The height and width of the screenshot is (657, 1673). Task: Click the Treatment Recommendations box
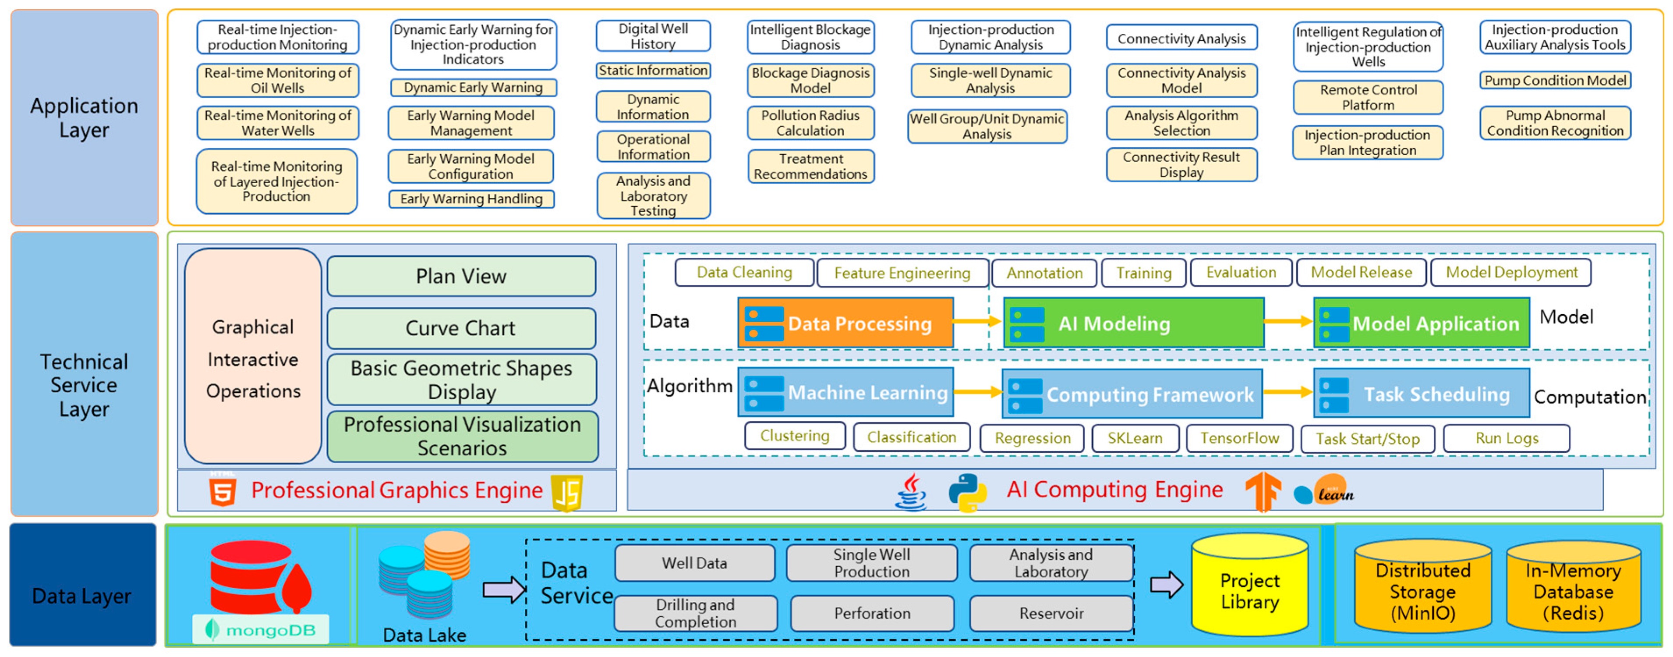(x=810, y=167)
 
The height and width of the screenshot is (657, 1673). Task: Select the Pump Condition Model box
(x=1555, y=81)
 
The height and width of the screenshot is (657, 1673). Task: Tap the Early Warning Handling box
(x=471, y=199)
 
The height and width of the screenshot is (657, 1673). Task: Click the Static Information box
(x=653, y=70)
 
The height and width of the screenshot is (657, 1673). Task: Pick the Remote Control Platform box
(x=1368, y=97)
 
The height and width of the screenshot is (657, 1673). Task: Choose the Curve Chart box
(x=461, y=328)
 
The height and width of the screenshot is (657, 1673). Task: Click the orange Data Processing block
(x=845, y=323)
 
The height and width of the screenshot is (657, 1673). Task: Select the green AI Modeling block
(x=1133, y=323)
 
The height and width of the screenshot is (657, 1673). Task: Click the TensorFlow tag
(x=1239, y=438)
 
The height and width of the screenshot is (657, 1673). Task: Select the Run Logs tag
(x=1506, y=438)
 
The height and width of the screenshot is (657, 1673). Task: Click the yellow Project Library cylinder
(x=1249, y=588)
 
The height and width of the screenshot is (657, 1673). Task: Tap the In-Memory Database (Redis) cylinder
(x=1573, y=590)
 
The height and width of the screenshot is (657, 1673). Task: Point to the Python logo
(x=967, y=492)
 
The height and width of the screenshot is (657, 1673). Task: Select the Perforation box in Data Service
(x=872, y=613)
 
